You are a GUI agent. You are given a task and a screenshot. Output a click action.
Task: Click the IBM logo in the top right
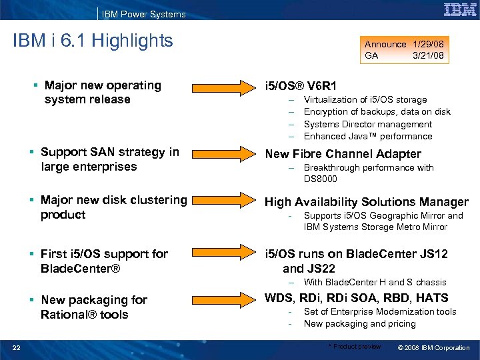coord(459,10)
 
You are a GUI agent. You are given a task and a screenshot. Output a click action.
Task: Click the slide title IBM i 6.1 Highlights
coord(93,41)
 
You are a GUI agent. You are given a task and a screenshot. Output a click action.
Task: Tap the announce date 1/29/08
coord(428,44)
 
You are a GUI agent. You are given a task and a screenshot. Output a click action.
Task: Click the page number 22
coord(16,347)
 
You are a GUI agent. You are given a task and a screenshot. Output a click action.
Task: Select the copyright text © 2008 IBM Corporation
coord(433,347)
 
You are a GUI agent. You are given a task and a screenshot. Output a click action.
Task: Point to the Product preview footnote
coord(355,347)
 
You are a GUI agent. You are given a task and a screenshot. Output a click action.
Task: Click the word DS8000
coord(321,179)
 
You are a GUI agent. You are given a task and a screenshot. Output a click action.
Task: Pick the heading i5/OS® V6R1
coord(301,86)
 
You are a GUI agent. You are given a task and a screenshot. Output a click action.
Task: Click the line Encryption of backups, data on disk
coord(377,112)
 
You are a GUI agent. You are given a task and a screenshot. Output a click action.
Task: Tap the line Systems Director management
coord(367,124)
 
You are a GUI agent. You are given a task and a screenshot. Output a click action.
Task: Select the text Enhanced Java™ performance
coord(367,136)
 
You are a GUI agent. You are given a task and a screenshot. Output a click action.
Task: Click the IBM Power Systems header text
coord(144,14)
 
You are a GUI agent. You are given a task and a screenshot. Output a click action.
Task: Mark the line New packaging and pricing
coord(359,323)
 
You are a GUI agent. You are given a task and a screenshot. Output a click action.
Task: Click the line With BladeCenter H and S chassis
coord(375,282)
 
